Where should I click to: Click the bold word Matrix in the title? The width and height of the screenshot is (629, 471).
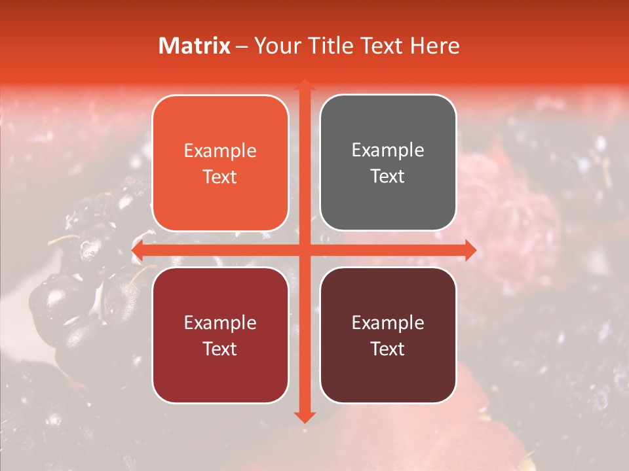195,46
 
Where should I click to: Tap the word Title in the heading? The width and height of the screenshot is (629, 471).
326,46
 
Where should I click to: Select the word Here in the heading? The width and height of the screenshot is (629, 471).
435,46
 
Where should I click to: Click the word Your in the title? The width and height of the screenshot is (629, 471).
276,46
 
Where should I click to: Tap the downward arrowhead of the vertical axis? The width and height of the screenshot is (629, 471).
305,417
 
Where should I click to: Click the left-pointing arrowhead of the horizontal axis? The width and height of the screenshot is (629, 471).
136,251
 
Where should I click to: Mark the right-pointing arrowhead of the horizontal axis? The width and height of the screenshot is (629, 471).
471,251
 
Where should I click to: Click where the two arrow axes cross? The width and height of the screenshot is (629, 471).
305,251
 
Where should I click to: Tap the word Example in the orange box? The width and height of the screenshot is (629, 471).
220,151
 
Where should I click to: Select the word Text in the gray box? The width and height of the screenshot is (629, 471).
388,177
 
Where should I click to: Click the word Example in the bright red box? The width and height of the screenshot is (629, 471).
220,323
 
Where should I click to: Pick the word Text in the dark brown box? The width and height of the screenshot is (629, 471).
388,349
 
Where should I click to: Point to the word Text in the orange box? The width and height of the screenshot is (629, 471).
220,177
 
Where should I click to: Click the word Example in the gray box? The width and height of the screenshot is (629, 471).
388,150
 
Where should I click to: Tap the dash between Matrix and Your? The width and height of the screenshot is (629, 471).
242,46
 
